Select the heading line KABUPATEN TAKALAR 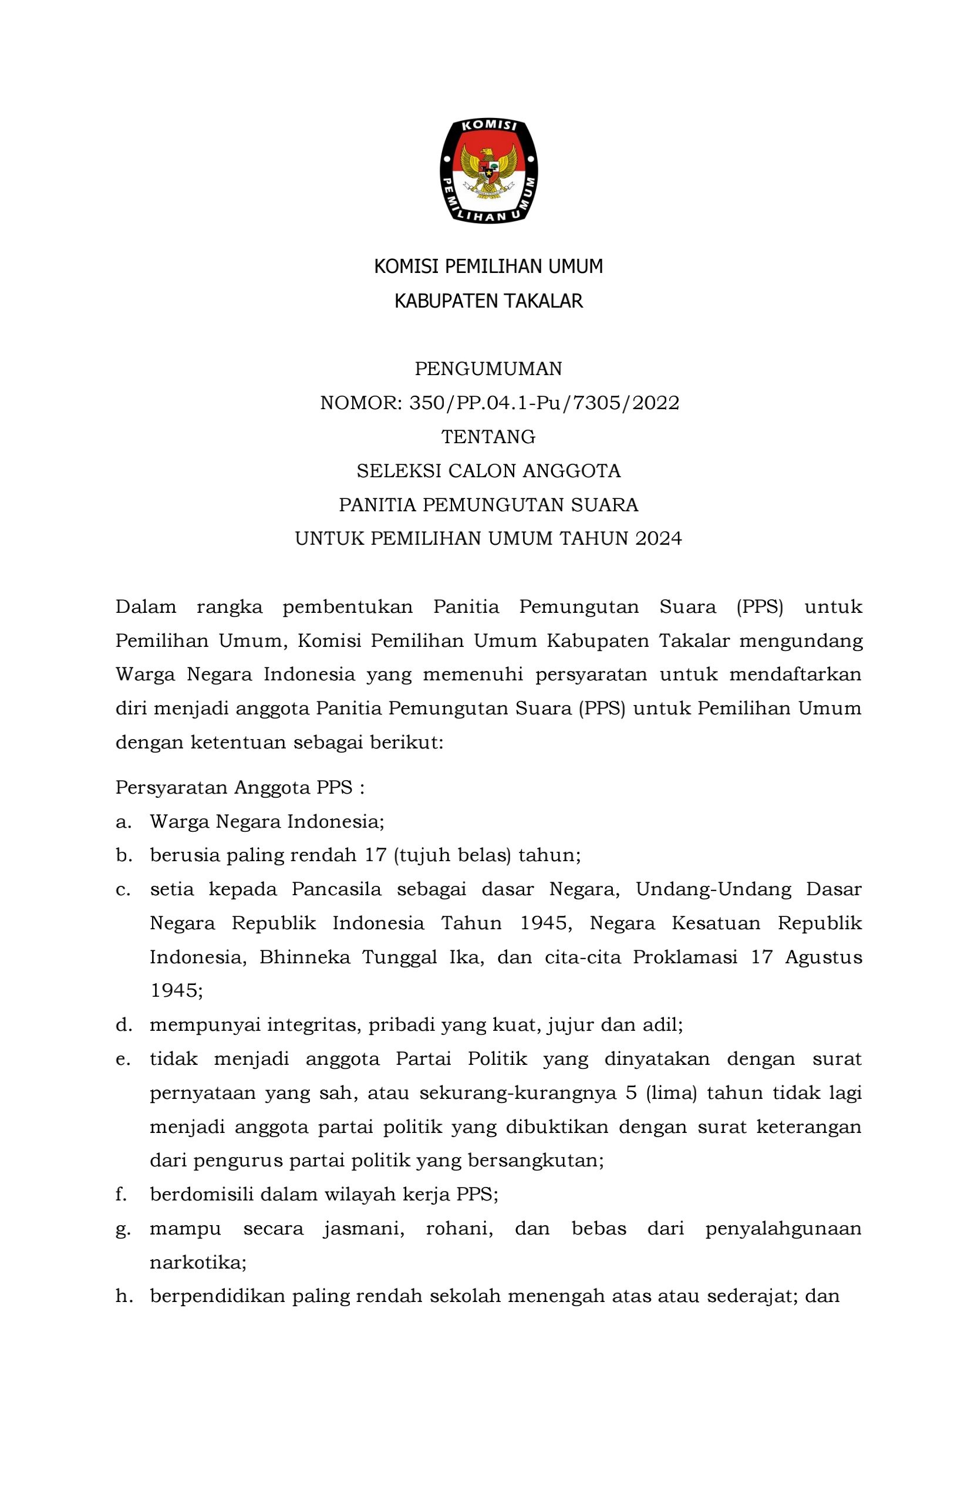click(488, 302)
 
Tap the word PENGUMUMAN click(488, 369)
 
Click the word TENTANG click(488, 436)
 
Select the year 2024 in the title click(659, 538)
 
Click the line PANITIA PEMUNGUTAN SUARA click(488, 504)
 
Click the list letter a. click(122, 822)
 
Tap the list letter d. click(122, 1025)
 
